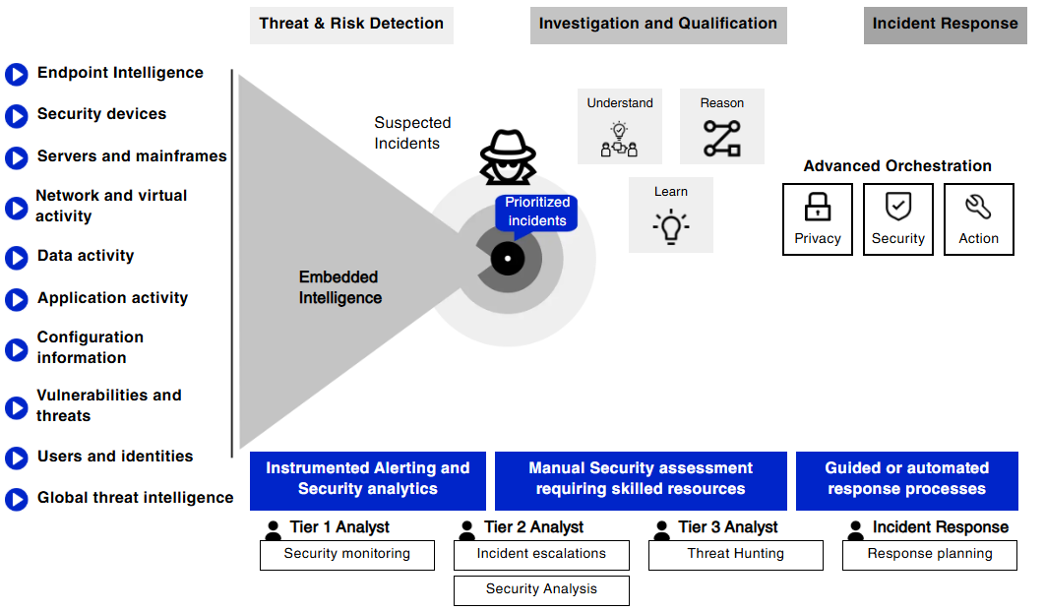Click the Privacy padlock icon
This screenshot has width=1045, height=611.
pyautogui.click(x=818, y=207)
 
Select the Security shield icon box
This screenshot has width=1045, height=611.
pyautogui.click(x=898, y=219)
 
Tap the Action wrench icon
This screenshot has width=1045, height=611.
pyautogui.click(x=978, y=207)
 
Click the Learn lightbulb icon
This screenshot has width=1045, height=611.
pyautogui.click(x=671, y=226)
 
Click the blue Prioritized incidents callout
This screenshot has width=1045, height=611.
pyautogui.click(x=536, y=212)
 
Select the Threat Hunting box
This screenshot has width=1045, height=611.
pyautogui.click(x=736, y=555)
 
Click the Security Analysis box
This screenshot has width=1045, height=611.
pyautogui.click(x=541, y=590)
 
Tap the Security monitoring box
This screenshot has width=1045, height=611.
pyautogui.click(x=347, y=555)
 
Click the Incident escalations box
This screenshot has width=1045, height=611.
pyautogui.click(x=541, y=555)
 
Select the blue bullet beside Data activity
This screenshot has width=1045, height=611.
pyautogui.click(x=17, y=257)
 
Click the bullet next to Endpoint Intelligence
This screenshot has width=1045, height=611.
pyautogui.click(x=17, y=74)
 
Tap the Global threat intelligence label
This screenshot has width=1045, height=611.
pyautogui.click(x=136, y=498)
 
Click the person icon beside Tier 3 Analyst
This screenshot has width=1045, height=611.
pyautogui.click(x=661, y=529)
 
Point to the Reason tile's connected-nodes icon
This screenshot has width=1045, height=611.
pyautogui.click(x=722, y=139)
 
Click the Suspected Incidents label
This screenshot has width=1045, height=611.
pyautogui.click(x=412, y=133)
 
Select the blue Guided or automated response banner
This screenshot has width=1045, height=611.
pyautogui.click(x=906, y=479)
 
